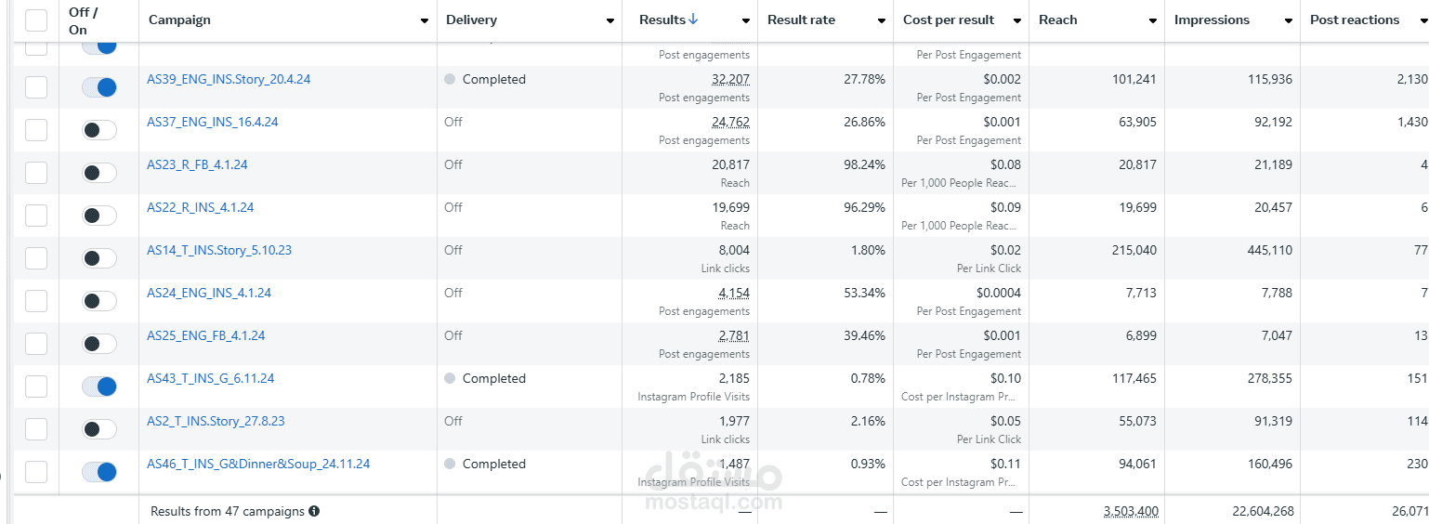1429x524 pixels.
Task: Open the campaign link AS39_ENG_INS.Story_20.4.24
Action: click(x=229, y=80)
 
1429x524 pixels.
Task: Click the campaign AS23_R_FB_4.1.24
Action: click(x=197, y=165)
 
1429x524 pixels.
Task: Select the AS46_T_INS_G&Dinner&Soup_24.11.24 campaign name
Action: click(x=258, y=465)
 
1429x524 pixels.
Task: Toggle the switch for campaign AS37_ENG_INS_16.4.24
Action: click(x=99, y=130)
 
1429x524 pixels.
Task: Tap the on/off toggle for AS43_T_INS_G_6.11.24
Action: click(x=99, y=386)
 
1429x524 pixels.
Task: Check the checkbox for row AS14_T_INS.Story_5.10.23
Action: click(x=36, y=258)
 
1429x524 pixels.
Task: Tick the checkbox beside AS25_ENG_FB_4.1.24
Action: click(x=36, y=344)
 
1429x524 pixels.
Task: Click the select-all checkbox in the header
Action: click(x=36, y=20)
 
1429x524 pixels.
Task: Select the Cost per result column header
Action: click(x=949, y=20)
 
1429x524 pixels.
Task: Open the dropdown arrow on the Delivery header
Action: click(x=610, y=20)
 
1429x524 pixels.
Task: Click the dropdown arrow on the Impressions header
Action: click(x=1289, y=20)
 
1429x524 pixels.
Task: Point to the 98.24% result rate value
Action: click(x=864, y=165)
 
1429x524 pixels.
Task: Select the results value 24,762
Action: click(x=730, y=123)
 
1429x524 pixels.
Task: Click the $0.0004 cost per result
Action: click(x=998, y=294)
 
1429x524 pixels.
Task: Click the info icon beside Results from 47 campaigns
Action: click(x=314, y=512)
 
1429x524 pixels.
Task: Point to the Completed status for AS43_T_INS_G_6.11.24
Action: click(x=493, y=379)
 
